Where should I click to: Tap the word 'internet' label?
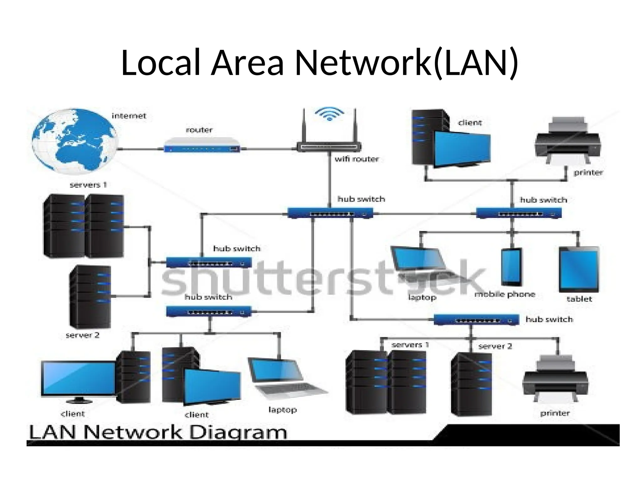(x=129, y=116)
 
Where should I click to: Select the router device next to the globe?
(x=202, y=145)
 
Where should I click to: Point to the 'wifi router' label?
(x=356, y=159)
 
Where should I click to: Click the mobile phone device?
(x=512, y=267)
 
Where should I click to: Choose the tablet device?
(x=579, y=269)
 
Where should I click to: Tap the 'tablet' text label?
(x=579, y=299)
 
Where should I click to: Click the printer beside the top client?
(x=568, y=140)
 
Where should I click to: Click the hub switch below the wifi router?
(x=330, y=213)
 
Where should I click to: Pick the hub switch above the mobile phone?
(x=519, y=213)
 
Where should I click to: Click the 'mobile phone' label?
(x=505, y=294)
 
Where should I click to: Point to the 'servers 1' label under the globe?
(x=88, y=185)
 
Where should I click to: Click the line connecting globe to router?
(x=141, y=149)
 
